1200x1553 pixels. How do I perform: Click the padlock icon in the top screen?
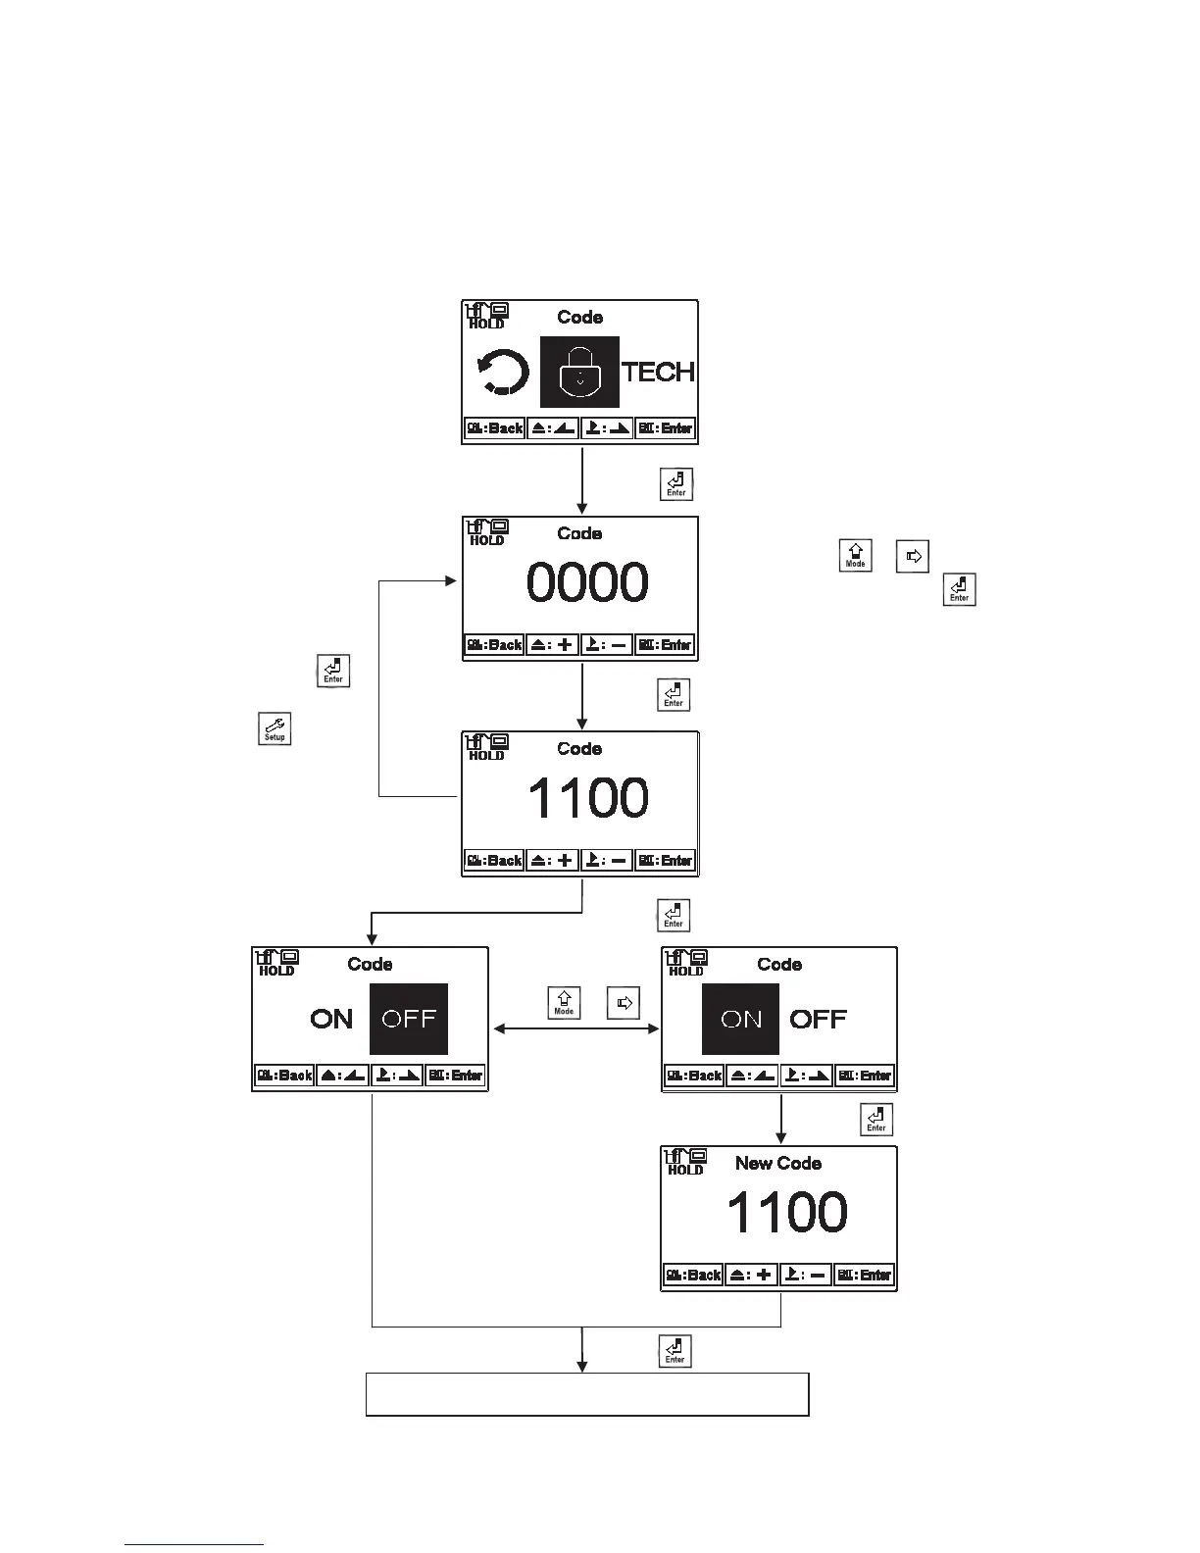coord(579,372)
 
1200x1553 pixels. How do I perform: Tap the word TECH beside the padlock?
coord(659,373)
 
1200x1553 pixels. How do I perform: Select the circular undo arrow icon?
coord(503,374)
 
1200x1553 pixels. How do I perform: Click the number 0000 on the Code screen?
coord(586,582)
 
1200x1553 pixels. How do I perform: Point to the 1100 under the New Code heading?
coord(786,1213)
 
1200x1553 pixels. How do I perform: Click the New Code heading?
coord(778,1164)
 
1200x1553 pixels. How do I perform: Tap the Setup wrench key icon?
coord(275,728)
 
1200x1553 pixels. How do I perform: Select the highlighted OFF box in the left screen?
coord(409,1019)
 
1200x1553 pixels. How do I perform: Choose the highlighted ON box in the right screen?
coord(740,1020)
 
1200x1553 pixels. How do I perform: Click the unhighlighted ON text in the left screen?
coord(331,1019)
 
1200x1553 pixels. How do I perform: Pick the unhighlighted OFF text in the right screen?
coord(818,1020)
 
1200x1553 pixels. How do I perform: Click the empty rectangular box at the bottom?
coord(586,1394)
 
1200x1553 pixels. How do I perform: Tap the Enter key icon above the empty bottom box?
coord(675,1350)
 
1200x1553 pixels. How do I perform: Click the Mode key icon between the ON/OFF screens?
coord(564,1002)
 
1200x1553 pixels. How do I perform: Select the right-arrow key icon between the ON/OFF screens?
coord(624,1002)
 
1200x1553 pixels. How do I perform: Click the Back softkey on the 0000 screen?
coord(494,645)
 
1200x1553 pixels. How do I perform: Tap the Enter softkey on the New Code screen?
coord(864,1276)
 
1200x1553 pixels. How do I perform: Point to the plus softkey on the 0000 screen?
coord(553,645)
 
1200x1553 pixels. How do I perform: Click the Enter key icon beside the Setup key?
coord(333,671)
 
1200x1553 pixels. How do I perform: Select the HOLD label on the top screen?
coord(486,324)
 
